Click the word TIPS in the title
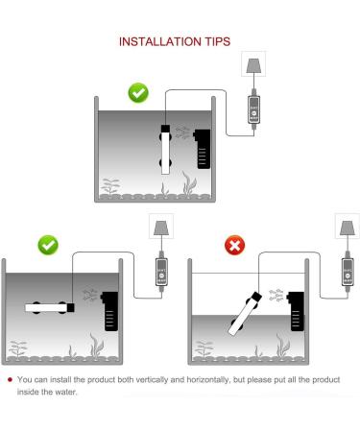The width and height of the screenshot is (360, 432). click(218, 41)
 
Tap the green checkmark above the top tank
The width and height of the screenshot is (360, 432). click(138, 93)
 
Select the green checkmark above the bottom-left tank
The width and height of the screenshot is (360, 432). click(48, 245)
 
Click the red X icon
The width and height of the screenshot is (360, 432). click(234, 245)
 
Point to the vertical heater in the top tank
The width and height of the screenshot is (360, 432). click(165, 150)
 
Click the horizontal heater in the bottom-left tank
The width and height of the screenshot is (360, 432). click(50, 308)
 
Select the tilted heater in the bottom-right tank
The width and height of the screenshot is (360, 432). click(245, 314)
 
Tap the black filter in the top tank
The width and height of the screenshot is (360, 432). click(203, 149)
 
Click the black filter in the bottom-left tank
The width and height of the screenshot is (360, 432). click(109, 311)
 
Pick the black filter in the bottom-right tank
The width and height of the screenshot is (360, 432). click(296, 311)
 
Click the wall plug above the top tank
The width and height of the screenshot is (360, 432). click(253, 64)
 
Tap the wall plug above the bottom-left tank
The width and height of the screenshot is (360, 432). click(161, 227)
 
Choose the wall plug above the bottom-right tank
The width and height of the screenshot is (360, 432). click(348, 227)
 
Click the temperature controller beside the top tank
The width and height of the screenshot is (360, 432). click(253, 109)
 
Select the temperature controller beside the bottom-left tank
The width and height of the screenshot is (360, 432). click(161, 272)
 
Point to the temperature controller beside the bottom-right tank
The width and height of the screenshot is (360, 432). click(348, 272)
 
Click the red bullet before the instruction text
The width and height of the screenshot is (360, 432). click(10, 380)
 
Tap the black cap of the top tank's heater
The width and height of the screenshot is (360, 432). click(165, 129)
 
